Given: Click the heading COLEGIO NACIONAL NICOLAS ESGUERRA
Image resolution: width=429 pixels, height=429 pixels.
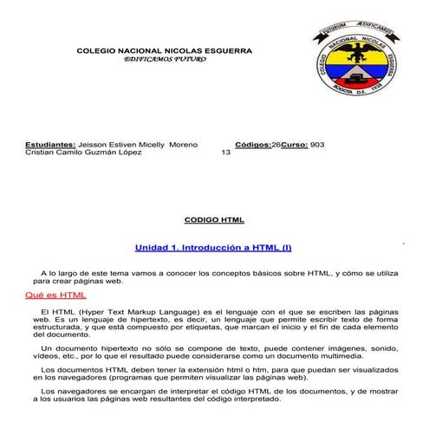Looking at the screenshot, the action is [165, 51].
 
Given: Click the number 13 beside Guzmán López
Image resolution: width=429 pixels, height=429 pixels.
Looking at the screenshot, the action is [226, 153].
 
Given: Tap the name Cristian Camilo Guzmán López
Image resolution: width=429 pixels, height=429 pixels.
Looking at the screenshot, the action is [81, 153].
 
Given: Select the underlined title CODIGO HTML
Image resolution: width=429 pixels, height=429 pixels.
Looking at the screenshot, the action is [215, 220].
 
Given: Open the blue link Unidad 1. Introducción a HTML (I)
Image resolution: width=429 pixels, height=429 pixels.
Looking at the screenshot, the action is [213, 248].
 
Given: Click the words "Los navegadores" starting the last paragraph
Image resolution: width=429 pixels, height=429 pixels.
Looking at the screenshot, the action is [67, 392].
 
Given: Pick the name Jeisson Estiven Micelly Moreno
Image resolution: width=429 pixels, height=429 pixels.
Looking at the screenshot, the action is [138, 144].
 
